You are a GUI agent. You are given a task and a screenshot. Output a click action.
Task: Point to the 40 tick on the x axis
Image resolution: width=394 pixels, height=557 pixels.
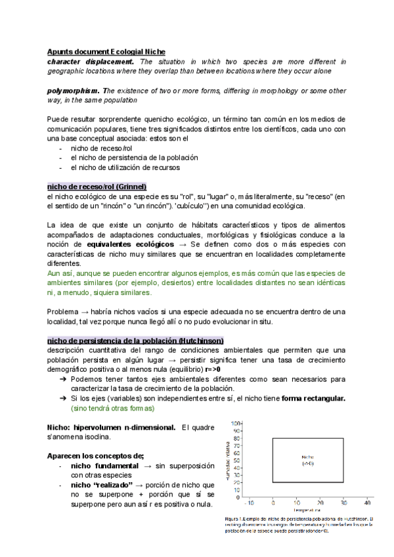tap(368, 501)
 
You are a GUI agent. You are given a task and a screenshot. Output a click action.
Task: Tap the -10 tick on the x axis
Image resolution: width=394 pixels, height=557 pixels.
tap(249, 501)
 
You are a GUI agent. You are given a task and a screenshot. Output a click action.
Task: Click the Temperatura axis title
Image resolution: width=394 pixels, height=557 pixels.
tap(307, 509)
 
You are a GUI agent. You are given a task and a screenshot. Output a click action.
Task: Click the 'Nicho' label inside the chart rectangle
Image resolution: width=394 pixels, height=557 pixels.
tap(308, 457)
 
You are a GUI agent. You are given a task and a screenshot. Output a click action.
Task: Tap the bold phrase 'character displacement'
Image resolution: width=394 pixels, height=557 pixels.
tap(86, 61)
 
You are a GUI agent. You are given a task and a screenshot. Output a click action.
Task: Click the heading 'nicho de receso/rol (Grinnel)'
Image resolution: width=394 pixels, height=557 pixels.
tap(97, 186)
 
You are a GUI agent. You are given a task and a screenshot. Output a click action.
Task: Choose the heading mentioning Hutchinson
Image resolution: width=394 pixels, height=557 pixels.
tap(135, 340)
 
